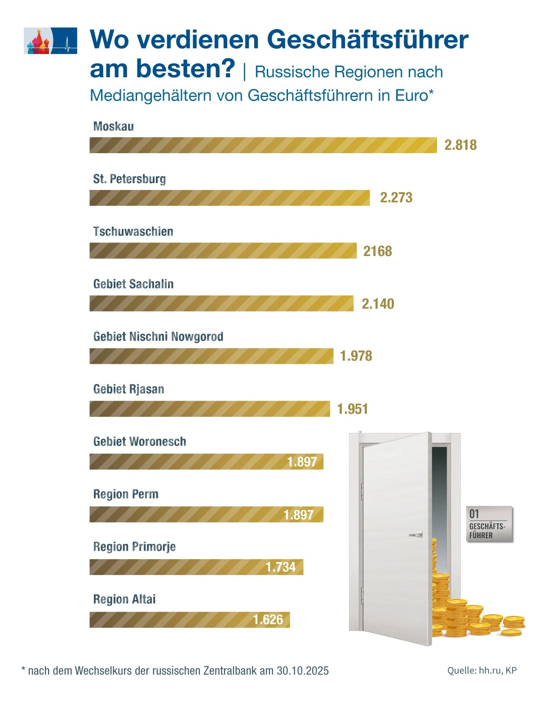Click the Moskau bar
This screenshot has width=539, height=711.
click(x=263, y=145)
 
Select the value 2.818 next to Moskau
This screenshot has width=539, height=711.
click(x=460, y=145)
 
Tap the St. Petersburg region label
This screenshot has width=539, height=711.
click(x=129, y=179)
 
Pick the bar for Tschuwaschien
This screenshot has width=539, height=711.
click(x=223, y=251)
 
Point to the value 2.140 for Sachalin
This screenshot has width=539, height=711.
click(x=378, y=304)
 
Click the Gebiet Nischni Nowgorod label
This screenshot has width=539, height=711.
click(x=158, y=336)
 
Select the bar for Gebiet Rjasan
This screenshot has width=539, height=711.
click(x=209, y=409)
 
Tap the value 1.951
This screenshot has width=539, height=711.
click(x=352, y=409)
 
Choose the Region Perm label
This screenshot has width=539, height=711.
click(x=126, y=494)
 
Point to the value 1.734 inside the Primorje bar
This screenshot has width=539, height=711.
click(x=281, y=567)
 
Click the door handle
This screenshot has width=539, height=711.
click(x=416, y=534)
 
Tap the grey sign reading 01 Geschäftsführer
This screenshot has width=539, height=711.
click(x=489, y=524)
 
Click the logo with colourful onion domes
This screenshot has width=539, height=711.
click(x=50, y=41)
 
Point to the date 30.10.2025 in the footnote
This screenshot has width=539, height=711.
click(x=303, y=671)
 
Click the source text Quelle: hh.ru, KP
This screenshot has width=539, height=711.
click(x=482, y=670)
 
